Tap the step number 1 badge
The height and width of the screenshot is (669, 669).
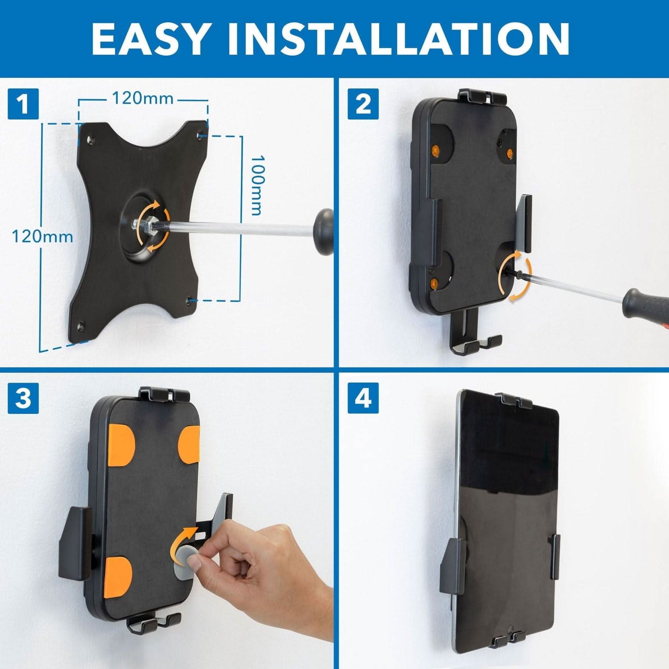[x=23, y=104]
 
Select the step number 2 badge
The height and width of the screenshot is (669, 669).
[x=363, y=104]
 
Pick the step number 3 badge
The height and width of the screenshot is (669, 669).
[x=23, y=398]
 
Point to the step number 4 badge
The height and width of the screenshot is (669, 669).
[x=363, y=398]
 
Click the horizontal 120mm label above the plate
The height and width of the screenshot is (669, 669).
[x=142, y=99]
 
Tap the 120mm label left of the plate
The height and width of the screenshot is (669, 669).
[x=42, y=237]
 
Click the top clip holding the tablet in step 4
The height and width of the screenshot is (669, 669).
[x=513, y=401]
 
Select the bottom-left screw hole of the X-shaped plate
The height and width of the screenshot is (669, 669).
[x=82, y=324]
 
